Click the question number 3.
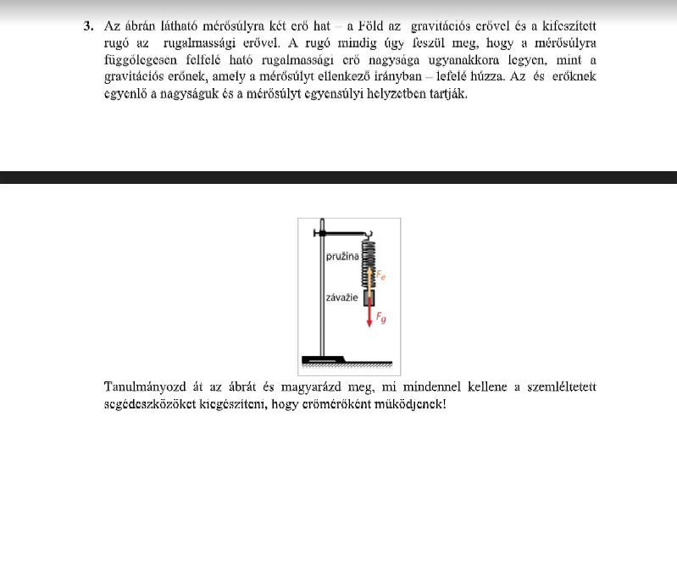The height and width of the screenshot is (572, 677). tap(88, 25)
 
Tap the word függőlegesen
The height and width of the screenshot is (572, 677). tap(136, 59)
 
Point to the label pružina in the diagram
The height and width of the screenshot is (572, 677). tap(342, 254)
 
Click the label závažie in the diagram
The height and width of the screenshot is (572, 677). tap(342, 298)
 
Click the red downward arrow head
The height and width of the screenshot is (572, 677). tap(369, 323)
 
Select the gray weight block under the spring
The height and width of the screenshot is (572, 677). tap(369, 297)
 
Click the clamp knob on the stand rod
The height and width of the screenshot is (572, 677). tap(316, 230)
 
